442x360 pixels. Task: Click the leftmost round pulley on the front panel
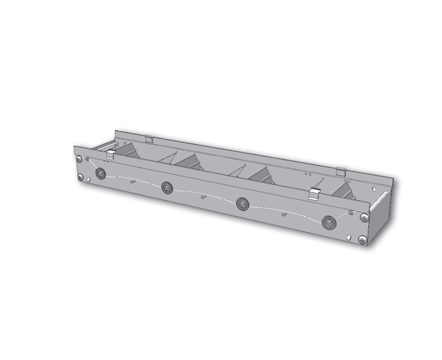[101, 173]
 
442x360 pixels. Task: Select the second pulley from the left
[167, 186]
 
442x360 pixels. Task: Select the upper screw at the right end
[364, 217]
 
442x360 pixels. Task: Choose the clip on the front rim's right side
[313, 194]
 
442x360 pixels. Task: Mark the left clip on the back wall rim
[148, 139]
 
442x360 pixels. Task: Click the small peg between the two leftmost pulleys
[132, 182]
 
